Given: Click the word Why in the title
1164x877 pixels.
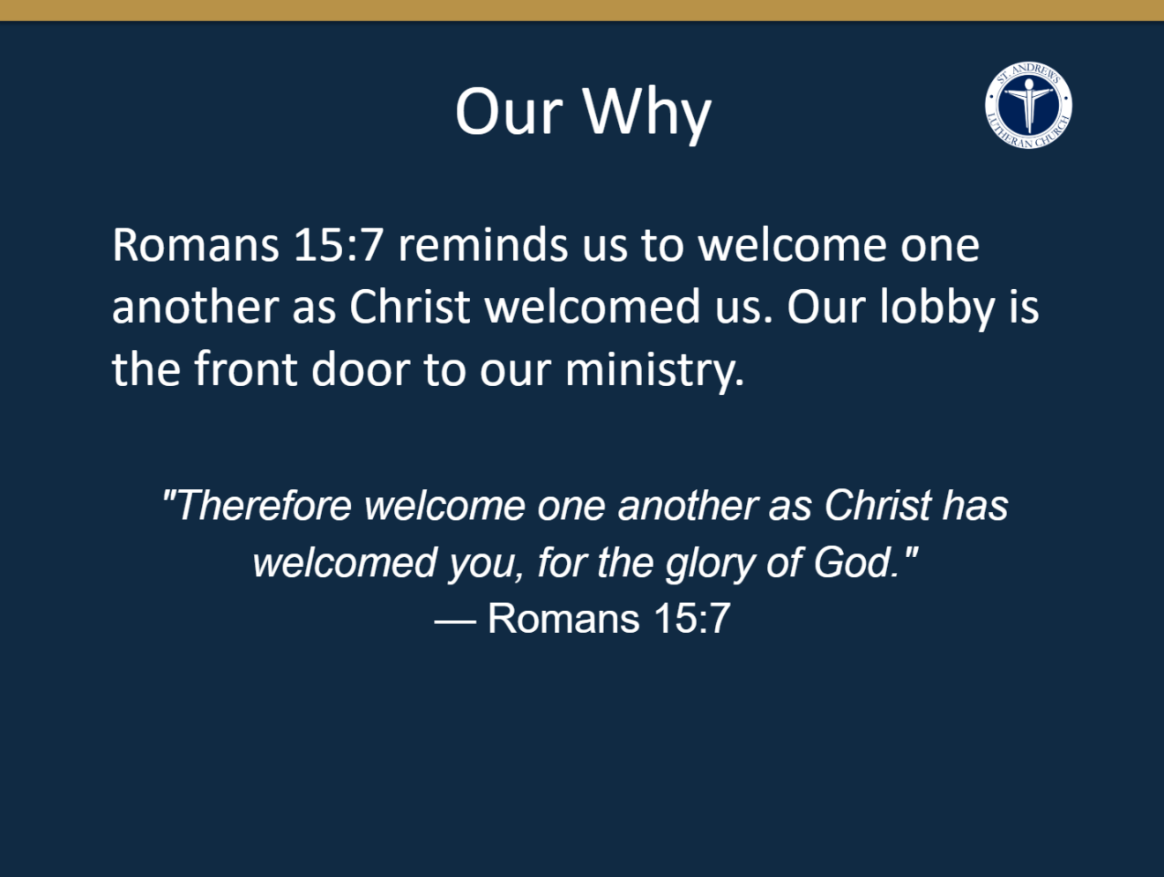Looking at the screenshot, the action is [x=647, y=113].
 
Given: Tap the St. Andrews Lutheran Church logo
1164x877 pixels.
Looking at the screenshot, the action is [x=1028, y=105].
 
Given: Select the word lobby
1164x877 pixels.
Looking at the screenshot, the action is [x=937, y=308].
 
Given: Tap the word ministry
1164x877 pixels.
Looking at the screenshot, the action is [x=654, y=370].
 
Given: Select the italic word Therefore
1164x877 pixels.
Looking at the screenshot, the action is [x=264, y=505].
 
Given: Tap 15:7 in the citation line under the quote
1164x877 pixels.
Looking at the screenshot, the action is [x=692, y=618].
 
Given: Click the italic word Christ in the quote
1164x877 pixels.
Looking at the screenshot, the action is [x=877, y=505].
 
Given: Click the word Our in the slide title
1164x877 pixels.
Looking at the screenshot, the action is [x=509, y=113].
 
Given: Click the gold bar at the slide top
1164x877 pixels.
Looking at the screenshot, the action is [x=582, y=11].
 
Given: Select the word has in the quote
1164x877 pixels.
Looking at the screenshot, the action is [x=975, y=505].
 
